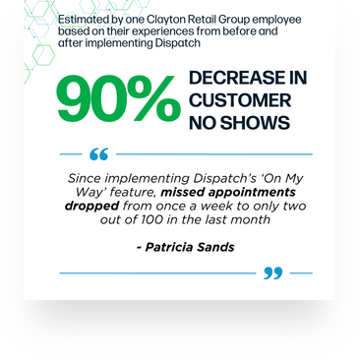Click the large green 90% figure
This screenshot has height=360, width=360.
pyautogui.click(x=116, y=100)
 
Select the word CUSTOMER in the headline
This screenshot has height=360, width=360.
pyautogui.click(x=240, y=100)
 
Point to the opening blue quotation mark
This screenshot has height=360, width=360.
pyautogui.click(x=98, y=154)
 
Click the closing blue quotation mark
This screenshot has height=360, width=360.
pyautogui.click(x=272, y=272)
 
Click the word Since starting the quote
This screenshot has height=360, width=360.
pyautogui.click(x=86, y=178)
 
